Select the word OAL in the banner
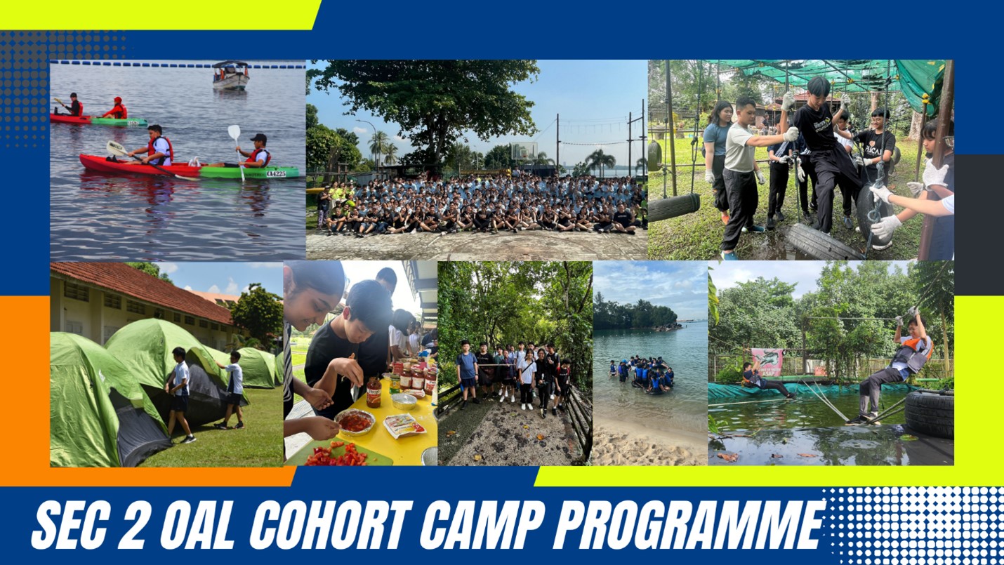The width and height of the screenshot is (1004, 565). tap(198, 525)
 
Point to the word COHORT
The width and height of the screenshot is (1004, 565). tap(330, 525)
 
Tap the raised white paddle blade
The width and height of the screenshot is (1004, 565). tap(234, 132)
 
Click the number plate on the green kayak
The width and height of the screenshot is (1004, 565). tap(276, 173)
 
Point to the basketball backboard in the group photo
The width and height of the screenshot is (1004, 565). tap(524, 150)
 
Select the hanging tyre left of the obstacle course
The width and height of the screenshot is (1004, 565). tap(674, 207)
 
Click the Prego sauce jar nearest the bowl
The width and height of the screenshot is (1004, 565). tap(374, 392)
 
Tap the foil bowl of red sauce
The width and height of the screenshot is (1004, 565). tap(355, 422)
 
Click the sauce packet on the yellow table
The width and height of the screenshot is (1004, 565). tap(404, 425)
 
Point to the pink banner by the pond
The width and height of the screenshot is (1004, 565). tap(767, 362)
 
